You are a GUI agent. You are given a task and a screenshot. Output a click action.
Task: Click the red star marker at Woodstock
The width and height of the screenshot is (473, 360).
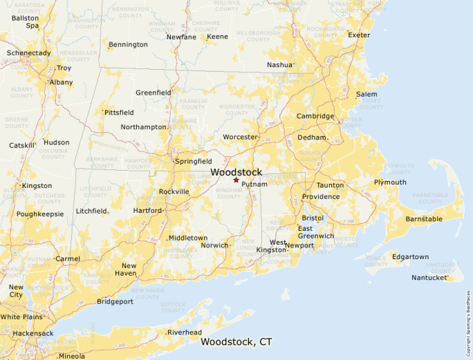(236, 180)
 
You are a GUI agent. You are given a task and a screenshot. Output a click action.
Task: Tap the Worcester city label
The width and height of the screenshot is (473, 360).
(240, 137)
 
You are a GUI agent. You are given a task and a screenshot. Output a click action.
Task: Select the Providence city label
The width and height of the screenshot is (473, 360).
(320, 197)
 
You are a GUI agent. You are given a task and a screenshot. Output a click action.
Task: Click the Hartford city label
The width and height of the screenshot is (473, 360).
(147, 211)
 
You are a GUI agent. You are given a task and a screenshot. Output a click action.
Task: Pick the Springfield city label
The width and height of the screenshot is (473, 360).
(194, 161)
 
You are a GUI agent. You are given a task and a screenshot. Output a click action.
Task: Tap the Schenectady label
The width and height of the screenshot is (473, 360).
(28, 53)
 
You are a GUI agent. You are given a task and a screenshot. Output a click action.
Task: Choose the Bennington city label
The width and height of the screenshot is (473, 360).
(128, 45)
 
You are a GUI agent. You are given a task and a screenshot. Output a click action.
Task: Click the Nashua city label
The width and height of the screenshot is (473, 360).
(280, 66)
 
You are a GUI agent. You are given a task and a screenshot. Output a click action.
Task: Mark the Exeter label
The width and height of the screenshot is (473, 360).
(359, 35)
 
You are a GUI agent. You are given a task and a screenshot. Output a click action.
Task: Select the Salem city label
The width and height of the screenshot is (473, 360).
(367, 94)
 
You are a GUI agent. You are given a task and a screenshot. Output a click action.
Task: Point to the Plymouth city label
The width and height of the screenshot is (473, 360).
(390, 182)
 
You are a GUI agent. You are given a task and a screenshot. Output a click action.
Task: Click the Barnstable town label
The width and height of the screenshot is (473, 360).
(424, 219)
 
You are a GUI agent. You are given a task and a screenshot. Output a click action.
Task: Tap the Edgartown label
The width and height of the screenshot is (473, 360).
(410, 257)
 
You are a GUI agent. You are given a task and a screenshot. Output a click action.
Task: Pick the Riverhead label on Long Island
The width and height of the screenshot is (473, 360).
(185, 332)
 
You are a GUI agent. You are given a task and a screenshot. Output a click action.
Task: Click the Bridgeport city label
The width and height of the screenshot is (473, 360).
(115, 302)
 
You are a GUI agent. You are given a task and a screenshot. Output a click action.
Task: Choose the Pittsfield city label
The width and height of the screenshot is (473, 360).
(119, 112)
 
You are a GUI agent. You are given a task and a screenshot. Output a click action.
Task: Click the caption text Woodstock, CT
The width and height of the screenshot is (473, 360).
(236, 341)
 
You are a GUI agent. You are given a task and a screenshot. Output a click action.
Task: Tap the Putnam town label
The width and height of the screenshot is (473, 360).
(254, 184)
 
